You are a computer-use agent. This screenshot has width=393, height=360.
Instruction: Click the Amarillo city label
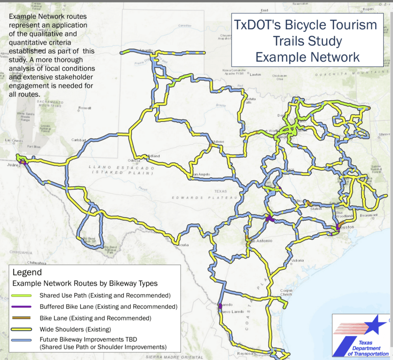tap(146, 50)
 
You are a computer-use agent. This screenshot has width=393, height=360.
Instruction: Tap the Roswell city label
tap(84, 108)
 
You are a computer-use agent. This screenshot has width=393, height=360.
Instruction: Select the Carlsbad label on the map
tap(79, 140)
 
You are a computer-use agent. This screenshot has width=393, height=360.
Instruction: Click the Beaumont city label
tap(370, 215)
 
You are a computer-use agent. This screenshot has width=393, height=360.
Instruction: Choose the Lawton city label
tap(255, 75)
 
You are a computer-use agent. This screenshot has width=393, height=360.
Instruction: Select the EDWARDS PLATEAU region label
tap(200, 197)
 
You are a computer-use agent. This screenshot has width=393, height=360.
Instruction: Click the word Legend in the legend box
tap(27, 273)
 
